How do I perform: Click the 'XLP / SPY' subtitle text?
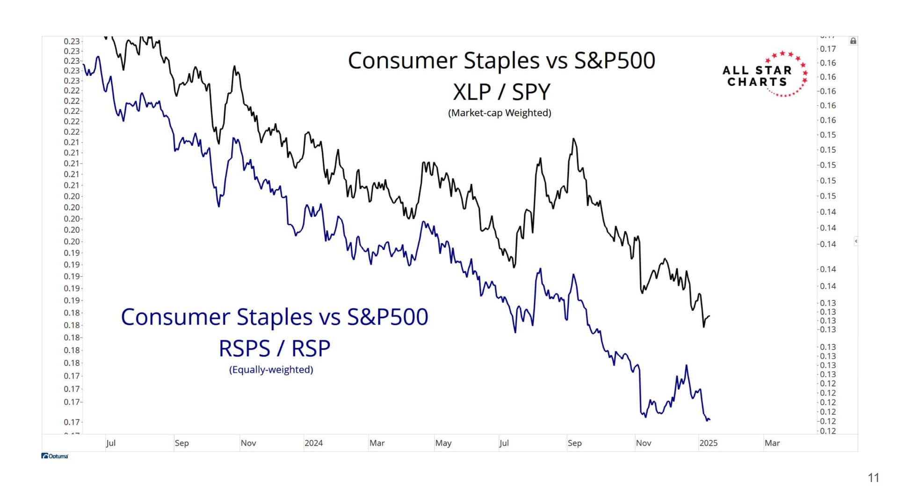501,92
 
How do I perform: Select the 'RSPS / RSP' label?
275,348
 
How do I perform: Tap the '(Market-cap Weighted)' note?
500,113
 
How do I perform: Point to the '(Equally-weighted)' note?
271,370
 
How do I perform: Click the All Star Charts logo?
765,75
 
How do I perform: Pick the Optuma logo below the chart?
55,456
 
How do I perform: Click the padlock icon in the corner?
853,41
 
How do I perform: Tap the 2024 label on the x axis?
313,443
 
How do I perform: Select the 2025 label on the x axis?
708,443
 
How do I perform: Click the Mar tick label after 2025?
772,443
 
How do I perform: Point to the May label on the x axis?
443,443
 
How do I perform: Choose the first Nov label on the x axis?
248,443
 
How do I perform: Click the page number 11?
873,478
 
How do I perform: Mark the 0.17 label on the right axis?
828,49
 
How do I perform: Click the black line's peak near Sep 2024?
573,139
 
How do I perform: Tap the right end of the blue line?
710,419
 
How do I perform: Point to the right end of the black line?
710,316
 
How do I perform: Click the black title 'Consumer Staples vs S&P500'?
501,61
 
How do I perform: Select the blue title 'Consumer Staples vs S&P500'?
275,317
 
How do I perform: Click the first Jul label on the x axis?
110,443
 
